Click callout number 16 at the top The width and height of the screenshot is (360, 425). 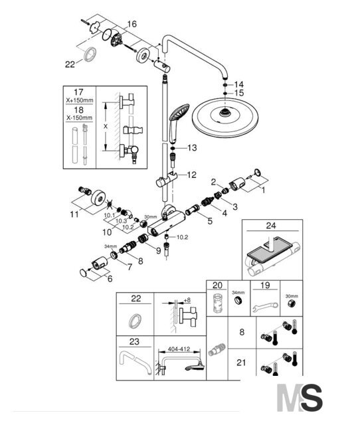tap(132, 24)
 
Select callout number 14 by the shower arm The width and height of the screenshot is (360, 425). tap(239, 84)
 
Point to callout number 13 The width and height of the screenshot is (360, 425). tap(192, 148)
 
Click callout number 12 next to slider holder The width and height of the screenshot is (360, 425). tap(191, 175)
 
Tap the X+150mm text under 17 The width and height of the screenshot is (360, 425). tap(80, 100)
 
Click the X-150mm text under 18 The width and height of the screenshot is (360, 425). tap(80, 118)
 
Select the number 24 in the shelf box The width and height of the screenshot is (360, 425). tap(271, 225)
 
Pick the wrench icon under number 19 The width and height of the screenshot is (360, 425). tap(266, 307)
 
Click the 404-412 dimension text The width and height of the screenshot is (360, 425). tap(179, 349)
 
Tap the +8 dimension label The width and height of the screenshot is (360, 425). tap(187, 300)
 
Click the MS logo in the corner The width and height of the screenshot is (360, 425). tap(300, 398)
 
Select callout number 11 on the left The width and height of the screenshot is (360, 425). tap(74, 214)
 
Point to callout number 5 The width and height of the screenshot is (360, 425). tap(210, 221)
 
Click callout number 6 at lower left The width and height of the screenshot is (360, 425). tap(110, 279)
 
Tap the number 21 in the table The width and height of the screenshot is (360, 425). tap(241, 363)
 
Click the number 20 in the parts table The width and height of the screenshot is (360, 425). tap(217, 285)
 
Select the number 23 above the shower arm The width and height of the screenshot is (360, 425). tap(134, 341)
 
